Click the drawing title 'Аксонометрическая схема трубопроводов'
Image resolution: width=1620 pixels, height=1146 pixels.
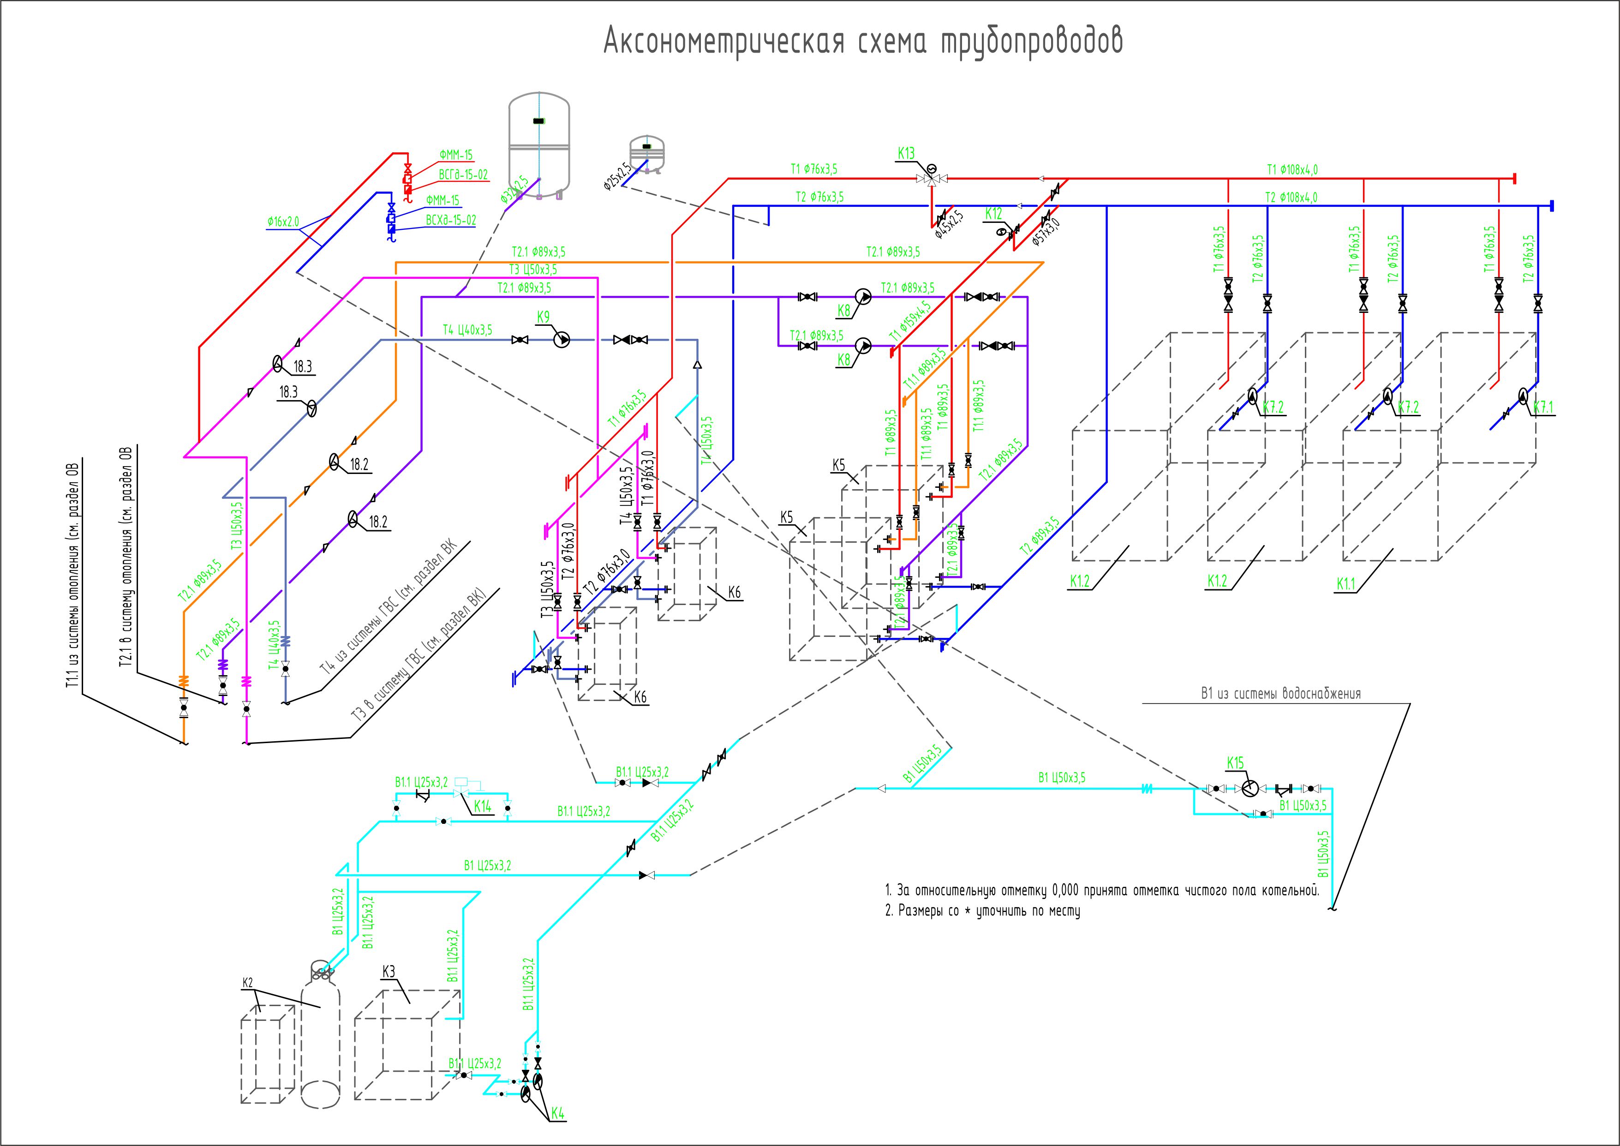(863, 42)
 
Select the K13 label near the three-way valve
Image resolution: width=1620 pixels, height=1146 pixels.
(905, 153)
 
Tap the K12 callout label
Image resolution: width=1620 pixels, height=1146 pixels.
(993, 214)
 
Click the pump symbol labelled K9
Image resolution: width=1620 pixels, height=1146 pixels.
(562, 340)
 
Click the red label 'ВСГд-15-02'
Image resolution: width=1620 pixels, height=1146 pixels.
(463, 175)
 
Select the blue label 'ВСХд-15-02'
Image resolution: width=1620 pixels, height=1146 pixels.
(450, 220)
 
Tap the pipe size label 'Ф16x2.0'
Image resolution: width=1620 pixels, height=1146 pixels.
(283, 222)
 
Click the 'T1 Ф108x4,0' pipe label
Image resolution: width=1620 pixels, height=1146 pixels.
(1292, 169)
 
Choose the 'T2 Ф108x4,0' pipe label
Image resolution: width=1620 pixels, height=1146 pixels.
(1291, 198)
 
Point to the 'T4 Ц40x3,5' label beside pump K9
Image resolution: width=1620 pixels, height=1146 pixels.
(467, 330)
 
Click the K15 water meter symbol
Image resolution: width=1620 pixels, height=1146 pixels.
(1249, 788)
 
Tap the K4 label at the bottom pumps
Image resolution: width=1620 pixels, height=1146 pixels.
(557, 1114)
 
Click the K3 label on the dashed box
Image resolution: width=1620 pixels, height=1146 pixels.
(388, 972)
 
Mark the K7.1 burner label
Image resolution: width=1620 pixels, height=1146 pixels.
(1543, 407)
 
